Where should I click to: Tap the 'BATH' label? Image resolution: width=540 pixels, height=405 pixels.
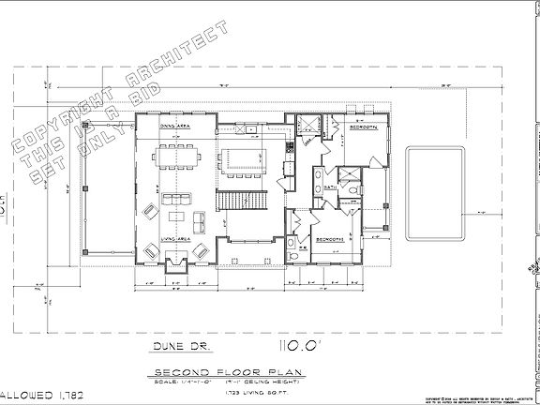tap(330, 188)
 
